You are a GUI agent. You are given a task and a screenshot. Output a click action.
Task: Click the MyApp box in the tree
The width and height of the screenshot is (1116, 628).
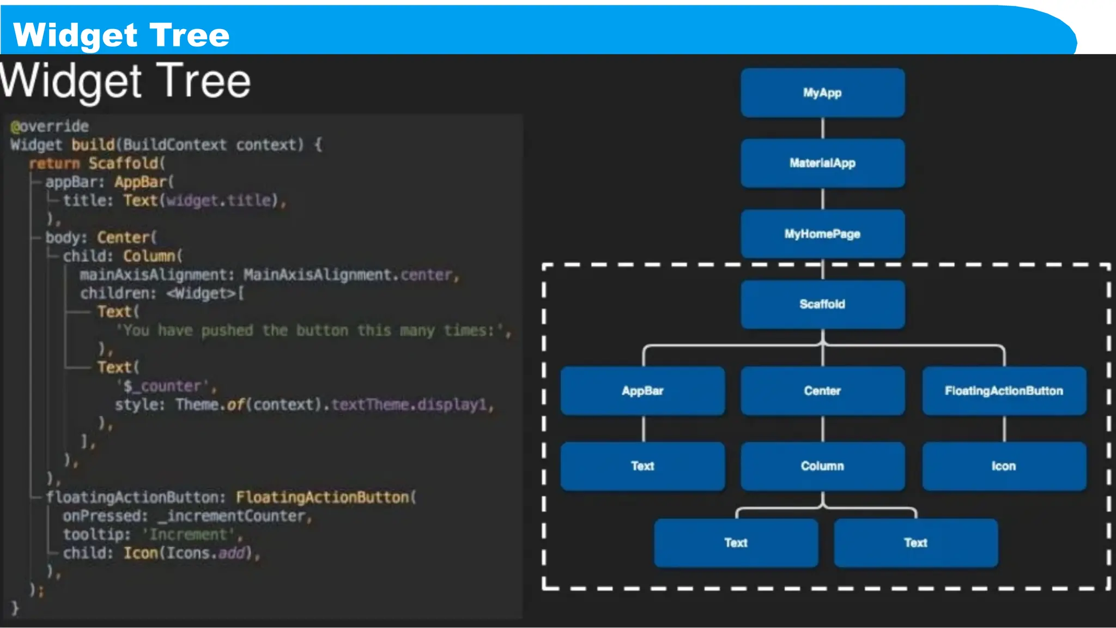822,93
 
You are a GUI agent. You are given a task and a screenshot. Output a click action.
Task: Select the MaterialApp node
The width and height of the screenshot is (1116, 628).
822,163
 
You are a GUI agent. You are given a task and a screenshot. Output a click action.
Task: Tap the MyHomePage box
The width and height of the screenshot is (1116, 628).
822,234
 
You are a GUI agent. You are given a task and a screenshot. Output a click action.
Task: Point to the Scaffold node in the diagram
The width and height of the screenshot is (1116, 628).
822,304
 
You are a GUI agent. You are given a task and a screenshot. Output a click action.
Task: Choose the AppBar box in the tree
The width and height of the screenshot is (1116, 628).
642,391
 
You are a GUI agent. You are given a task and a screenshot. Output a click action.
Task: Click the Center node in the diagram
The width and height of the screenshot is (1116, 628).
822,391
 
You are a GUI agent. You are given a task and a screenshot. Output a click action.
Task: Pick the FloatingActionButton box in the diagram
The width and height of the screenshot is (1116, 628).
1004,391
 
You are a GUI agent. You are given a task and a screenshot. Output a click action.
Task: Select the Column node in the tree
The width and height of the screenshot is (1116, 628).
822,466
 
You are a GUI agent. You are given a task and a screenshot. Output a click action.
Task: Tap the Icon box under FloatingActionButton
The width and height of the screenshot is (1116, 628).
1004,466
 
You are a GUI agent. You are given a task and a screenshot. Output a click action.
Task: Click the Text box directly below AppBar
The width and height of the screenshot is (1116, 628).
642,466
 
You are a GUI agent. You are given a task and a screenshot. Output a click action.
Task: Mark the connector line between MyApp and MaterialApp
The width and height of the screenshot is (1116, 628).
823,128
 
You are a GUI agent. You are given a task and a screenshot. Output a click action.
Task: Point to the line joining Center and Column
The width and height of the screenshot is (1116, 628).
823,428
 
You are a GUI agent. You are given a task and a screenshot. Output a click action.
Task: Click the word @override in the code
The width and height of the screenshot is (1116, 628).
50,126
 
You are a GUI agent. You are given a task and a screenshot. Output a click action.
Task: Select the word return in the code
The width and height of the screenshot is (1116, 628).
54,164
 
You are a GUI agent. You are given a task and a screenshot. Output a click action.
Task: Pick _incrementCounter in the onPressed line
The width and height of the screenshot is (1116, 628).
235,516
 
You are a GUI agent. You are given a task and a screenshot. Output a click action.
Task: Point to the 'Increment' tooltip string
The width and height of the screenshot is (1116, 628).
189,535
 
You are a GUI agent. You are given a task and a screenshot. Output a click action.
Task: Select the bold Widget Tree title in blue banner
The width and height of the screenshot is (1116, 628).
122,35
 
